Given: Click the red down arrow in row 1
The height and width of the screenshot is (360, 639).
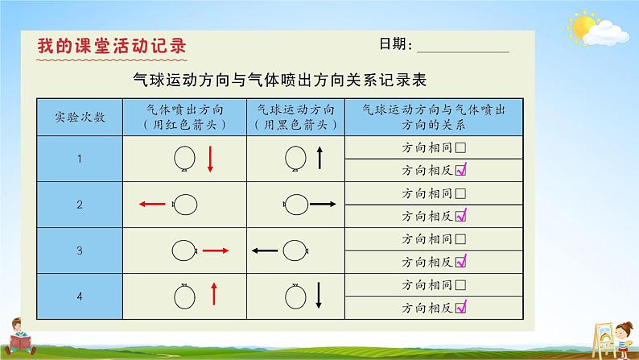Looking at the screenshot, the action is click(x=210, y=159).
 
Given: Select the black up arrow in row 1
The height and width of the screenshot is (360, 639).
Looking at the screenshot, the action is click(x=320, y=158).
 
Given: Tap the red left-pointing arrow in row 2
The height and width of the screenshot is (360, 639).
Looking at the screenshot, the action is click(x=152, y=204).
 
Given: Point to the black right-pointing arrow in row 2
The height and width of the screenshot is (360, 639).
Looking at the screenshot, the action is click(x=323, y=204).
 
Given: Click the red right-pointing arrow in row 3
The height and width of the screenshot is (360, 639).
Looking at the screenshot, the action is click(x=216, y=250).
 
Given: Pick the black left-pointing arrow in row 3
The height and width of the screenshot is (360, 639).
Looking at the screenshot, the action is click(x=265, y=250).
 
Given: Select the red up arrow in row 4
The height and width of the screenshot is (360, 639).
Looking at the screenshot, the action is click(x=214, y=294).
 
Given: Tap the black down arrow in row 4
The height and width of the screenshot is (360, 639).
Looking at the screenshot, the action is click(x=319, y=296).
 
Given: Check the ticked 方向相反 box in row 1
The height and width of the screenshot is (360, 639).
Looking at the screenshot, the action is click(x=461, y=170).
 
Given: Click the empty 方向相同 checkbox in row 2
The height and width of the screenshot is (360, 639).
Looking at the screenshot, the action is click(x=460, y=193).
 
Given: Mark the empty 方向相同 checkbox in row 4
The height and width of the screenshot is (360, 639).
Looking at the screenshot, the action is click(x=460, y=284).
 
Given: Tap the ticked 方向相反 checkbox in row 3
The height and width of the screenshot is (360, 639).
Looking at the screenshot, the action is click(x=461, y=261).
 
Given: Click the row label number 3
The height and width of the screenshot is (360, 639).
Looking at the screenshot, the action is click(x=80, y=250).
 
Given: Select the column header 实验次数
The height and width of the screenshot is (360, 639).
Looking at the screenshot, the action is click(x=80, y=118).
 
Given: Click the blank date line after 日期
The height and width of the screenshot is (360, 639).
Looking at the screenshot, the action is click(x=464, y=52).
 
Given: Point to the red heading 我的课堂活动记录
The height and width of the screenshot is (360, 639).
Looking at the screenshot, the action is click(x=112, y=46).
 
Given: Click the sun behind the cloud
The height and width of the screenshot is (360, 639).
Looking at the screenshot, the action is click(x=583, y=27).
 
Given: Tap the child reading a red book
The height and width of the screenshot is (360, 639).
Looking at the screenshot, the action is click(x=19, y=337).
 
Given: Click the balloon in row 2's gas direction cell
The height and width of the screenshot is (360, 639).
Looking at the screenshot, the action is click(x=185, y=205).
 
